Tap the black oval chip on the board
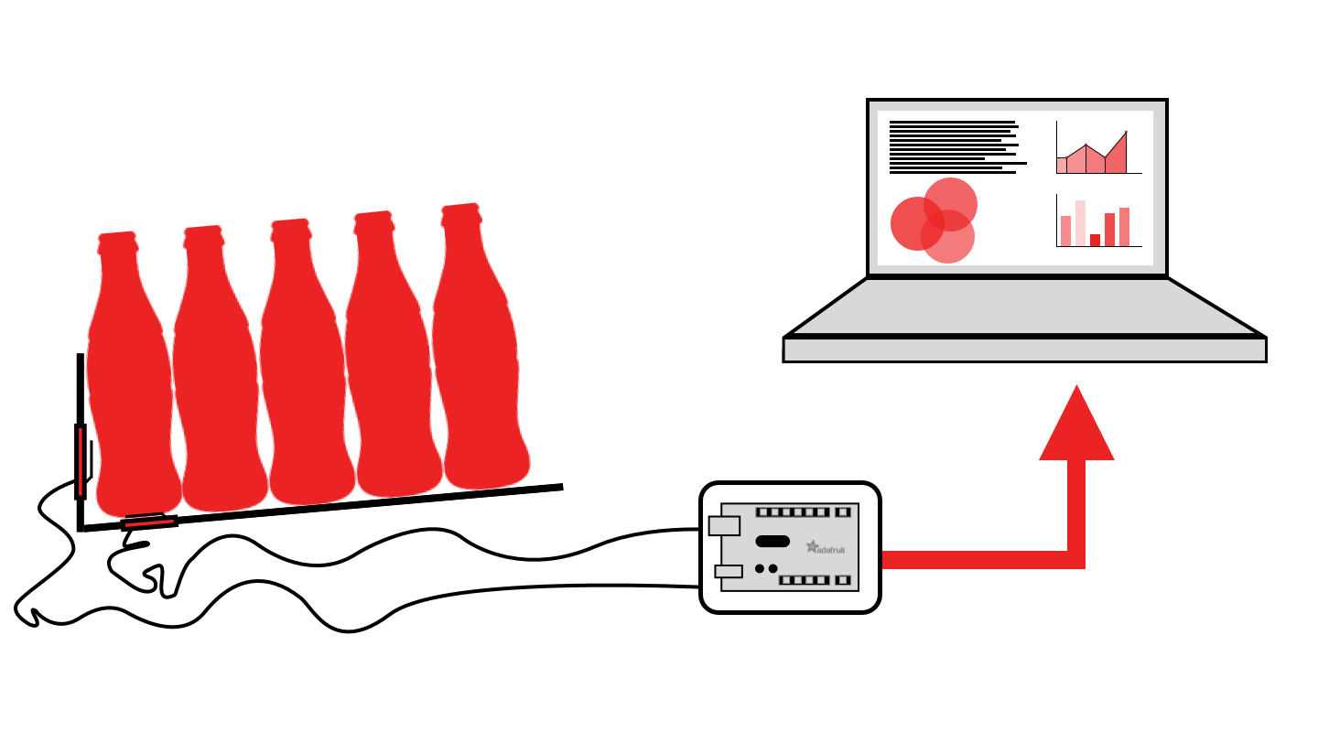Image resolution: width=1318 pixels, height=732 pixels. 772,541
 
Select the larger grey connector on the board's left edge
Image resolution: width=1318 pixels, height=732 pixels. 724,525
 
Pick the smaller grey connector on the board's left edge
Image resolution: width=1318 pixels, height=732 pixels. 729,571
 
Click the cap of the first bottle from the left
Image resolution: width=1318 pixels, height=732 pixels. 117,242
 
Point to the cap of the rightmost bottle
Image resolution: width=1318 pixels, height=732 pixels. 461,214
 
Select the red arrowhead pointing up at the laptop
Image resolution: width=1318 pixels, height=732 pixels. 1076,425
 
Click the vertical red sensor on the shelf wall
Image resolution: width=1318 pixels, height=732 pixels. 81,461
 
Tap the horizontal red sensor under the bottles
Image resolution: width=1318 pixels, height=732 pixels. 149,522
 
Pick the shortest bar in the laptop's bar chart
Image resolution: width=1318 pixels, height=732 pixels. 1095,240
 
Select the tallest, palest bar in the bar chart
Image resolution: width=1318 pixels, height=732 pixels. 1081,223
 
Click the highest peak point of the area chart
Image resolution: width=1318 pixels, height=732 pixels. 1126,133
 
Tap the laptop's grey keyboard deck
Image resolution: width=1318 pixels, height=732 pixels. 1025,309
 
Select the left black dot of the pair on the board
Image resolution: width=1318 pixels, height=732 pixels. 760,568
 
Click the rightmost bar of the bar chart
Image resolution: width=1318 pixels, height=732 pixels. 1124,227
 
